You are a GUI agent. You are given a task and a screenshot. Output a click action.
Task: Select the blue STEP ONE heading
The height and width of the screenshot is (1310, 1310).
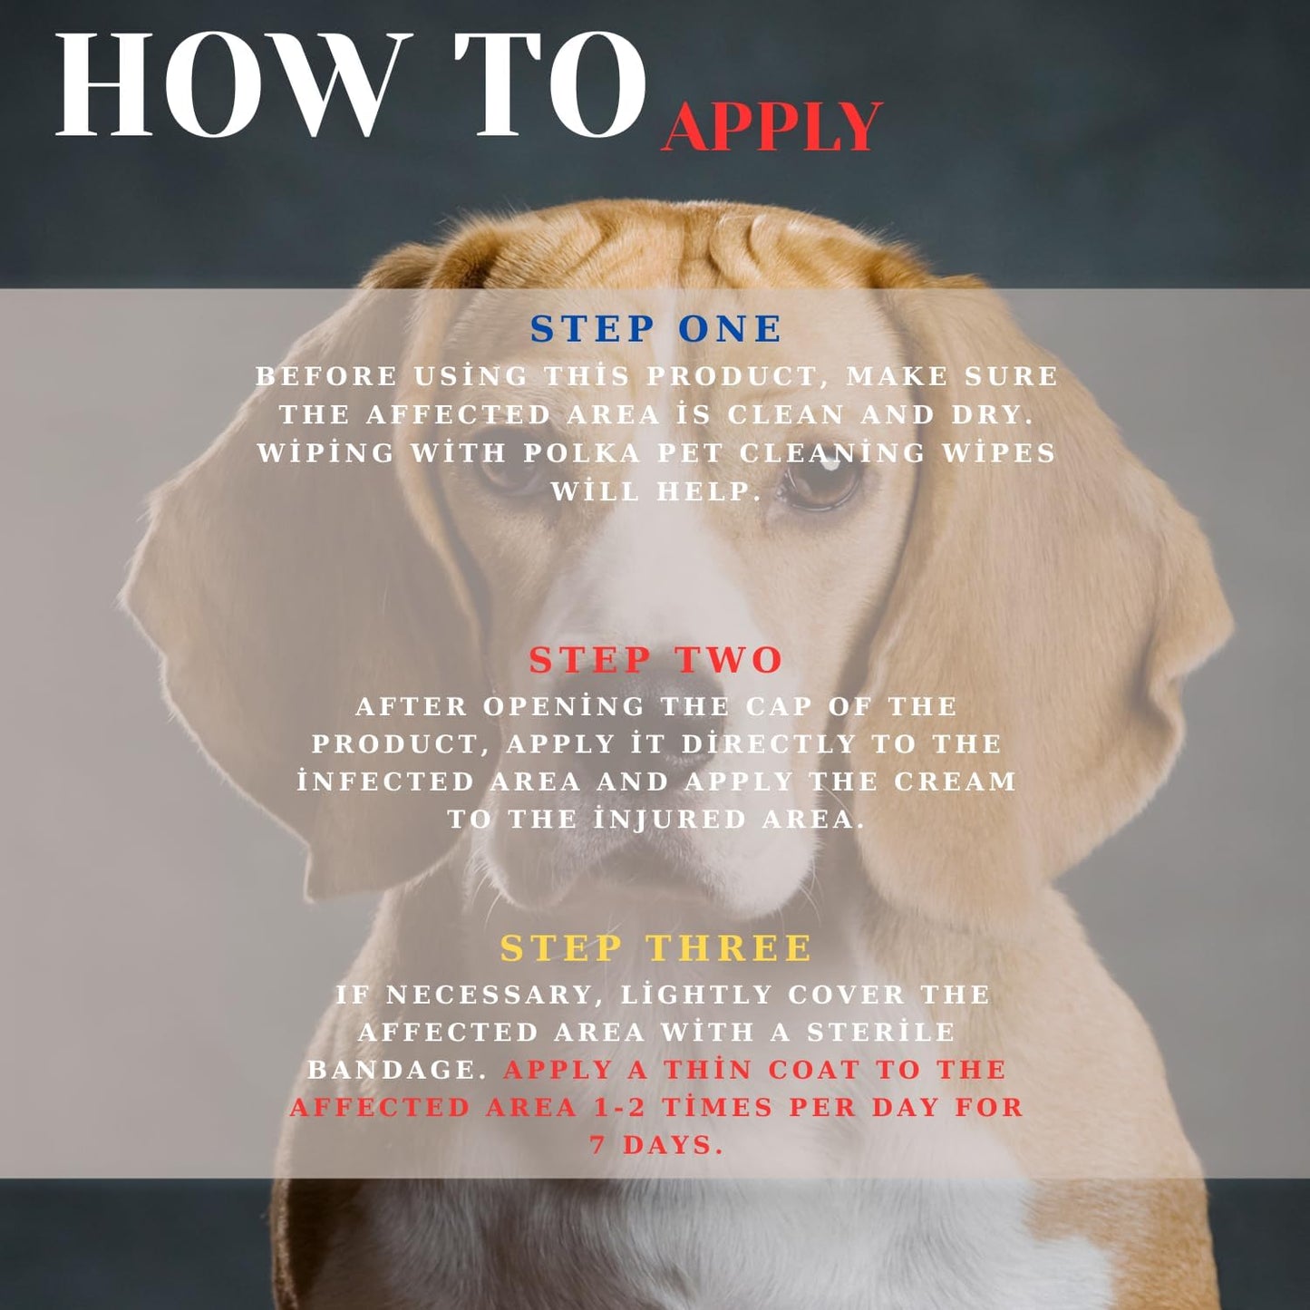(656, 329)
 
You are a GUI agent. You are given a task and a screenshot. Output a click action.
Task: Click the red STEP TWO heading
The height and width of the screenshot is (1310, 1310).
(656, 659)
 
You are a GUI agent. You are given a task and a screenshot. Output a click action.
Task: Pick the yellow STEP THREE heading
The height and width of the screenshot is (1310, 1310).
(656, 947)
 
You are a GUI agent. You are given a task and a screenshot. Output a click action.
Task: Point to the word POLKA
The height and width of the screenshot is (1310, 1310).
(582, 452)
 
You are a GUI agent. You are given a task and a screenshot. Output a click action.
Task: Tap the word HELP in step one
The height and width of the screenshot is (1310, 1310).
(707, 491)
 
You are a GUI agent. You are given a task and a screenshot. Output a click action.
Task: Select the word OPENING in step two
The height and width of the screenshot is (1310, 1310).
(564, 706)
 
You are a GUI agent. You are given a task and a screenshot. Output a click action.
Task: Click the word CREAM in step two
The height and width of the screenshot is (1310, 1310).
(955, 781)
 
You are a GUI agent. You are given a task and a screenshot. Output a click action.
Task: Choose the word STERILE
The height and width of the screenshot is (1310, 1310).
(881, 1032)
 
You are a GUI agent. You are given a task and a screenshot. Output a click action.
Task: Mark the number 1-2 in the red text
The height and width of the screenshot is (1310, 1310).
(619, 1108)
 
